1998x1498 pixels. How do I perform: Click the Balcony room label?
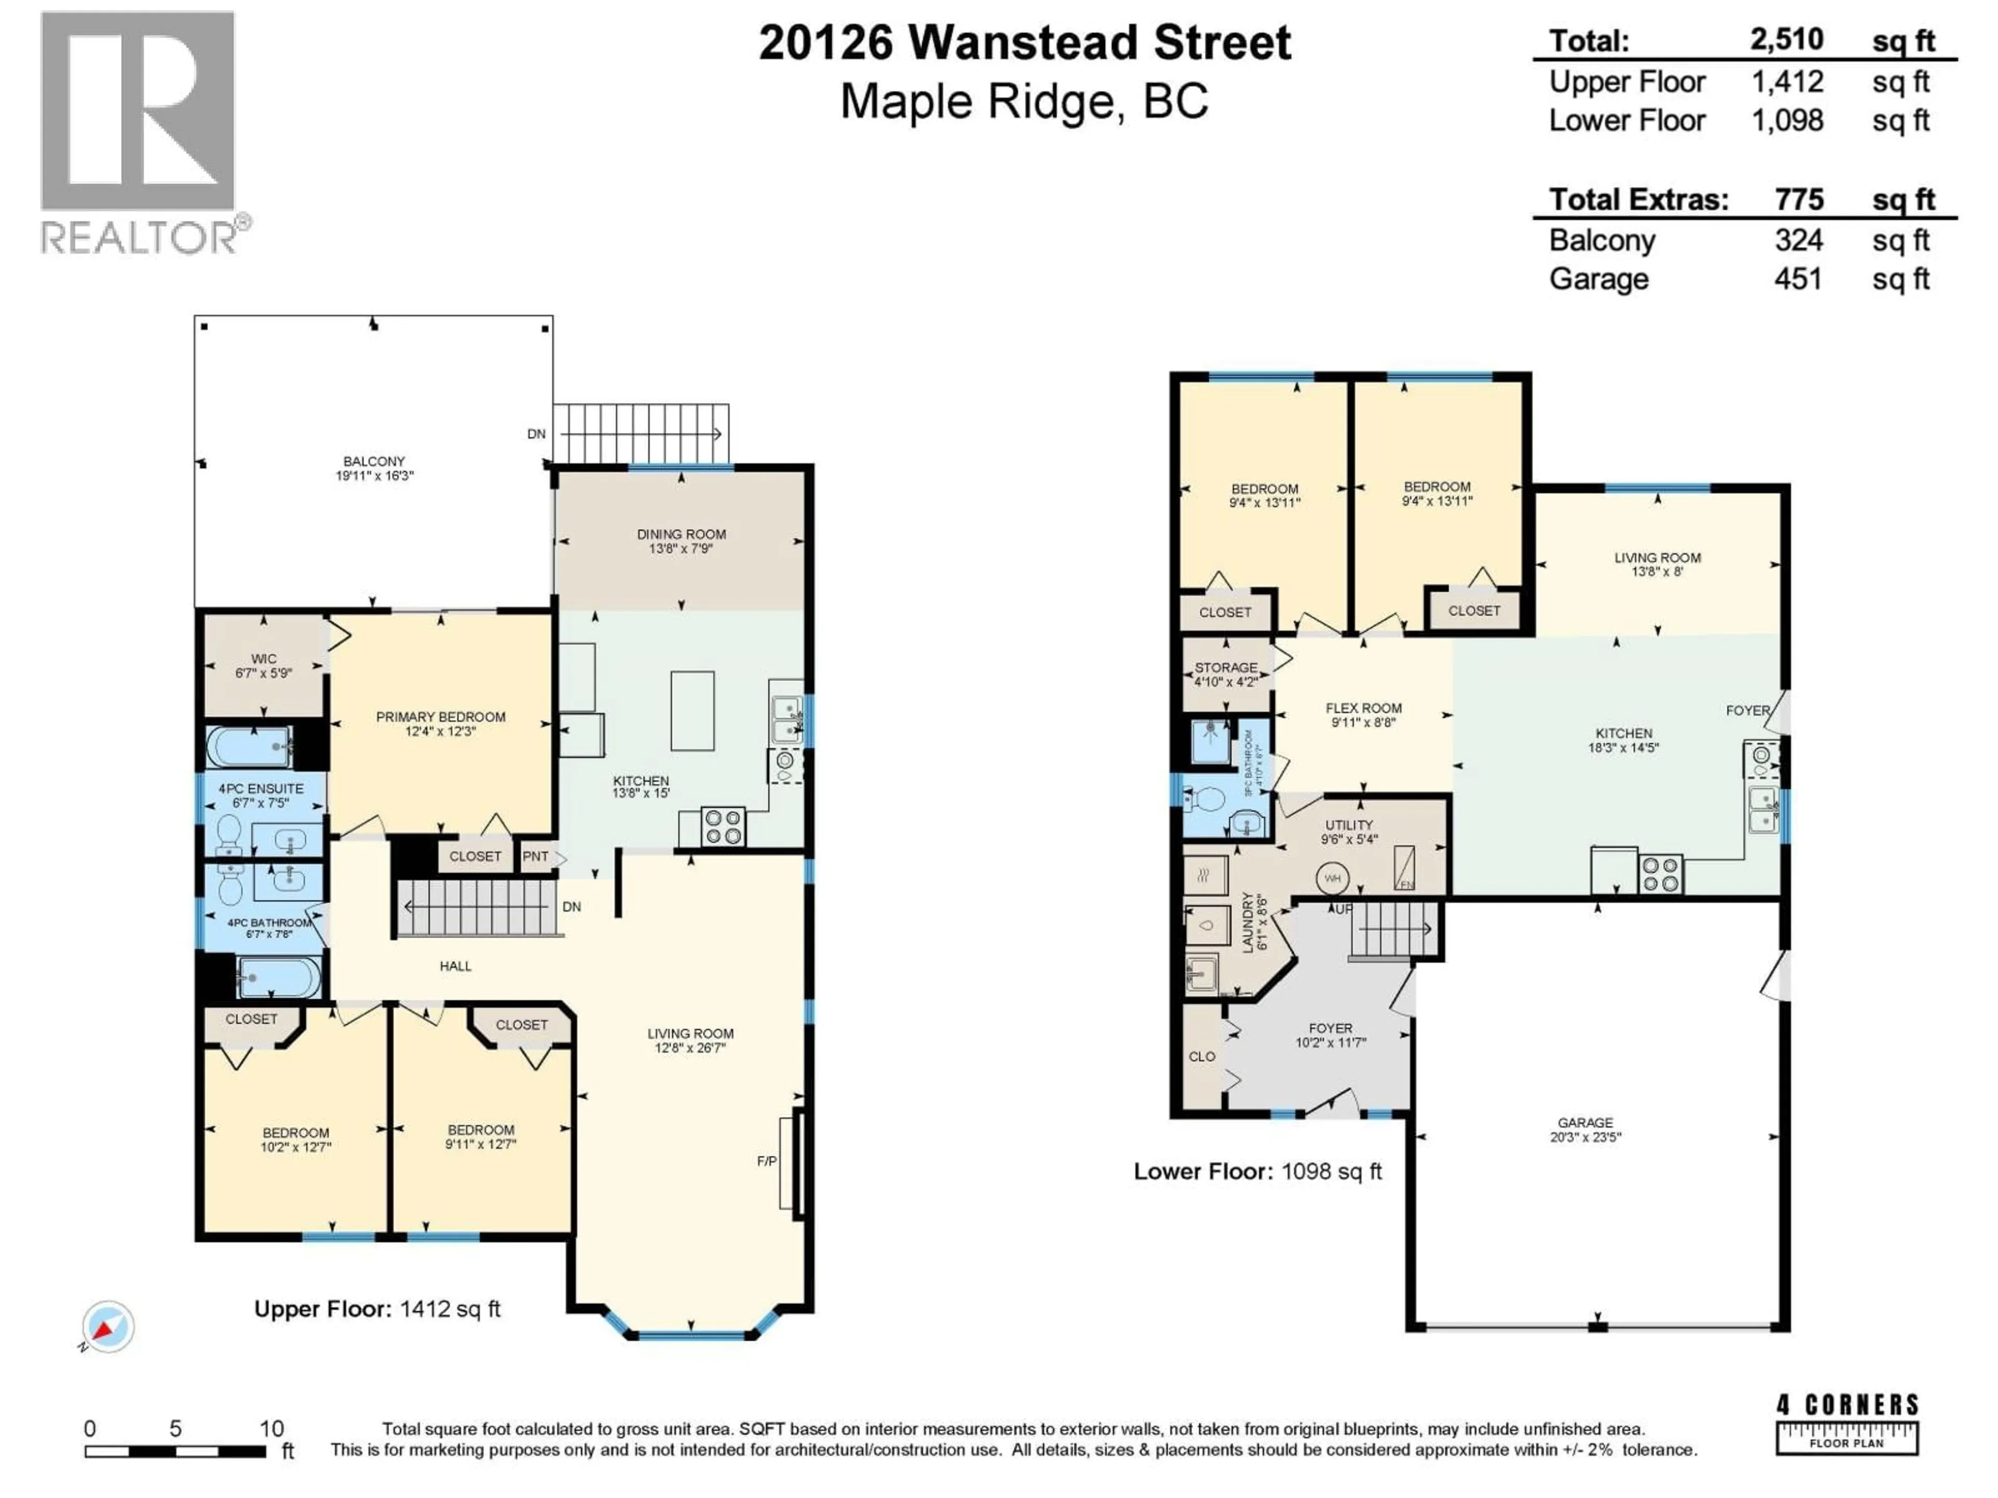374,461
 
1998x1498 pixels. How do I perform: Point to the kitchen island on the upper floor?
692,711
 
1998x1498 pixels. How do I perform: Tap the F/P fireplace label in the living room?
766,1161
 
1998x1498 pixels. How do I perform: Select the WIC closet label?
264,659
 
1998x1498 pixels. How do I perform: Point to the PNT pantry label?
535,856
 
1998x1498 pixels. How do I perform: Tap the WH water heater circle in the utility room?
1333,877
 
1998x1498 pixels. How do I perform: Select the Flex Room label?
1363,709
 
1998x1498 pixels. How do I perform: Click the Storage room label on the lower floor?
1226,667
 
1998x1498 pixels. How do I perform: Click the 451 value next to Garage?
1798,279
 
